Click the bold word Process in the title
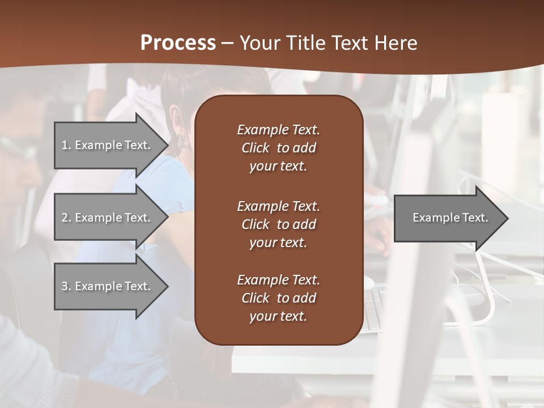(178, 43)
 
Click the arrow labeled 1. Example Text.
(108, 145)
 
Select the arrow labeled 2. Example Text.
(108, 218)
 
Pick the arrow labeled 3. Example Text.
(108, 286)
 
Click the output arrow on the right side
(448, 218)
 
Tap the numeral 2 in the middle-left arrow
(65, 218)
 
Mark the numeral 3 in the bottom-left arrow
(65, 286)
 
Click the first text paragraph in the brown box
(278, 148)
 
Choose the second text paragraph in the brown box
(278, 224)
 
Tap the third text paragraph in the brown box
(278, 298)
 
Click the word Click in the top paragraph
(256, 148)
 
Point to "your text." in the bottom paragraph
(278, 316)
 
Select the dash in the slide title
(227, 43)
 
